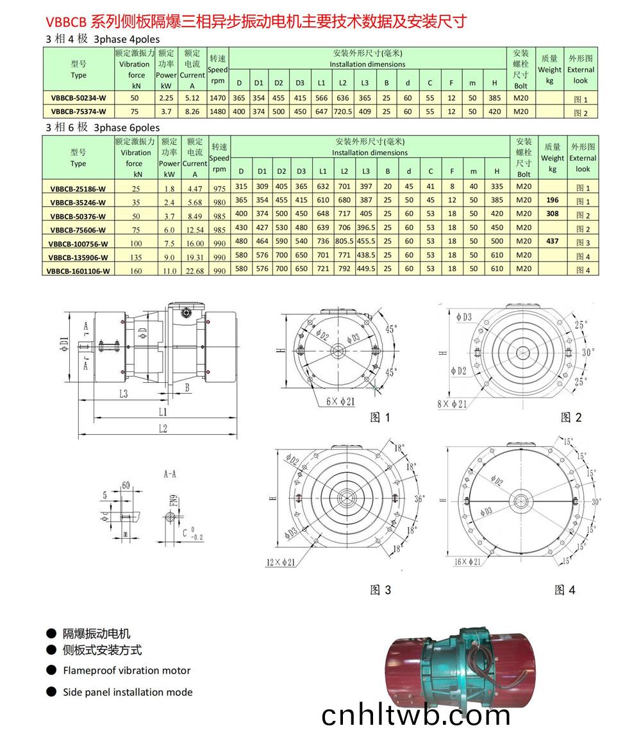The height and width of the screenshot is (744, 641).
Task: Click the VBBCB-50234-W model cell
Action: pyautogui.click(x=78, y=99)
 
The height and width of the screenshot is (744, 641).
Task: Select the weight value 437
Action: pyautogui.click(x=552, y=242)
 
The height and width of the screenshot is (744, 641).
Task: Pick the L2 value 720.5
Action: pyautogui.click(x=343, y=112)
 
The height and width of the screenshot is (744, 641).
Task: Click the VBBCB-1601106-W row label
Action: pyautogui.click(x=78, y=271)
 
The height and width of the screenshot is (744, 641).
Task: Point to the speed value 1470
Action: pyautogui.click(x=218, y=99)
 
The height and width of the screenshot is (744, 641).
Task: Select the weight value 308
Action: pyautogui.click(x=552, y=214)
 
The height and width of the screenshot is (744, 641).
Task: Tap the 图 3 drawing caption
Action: pyautogui.click(x=380, y=590)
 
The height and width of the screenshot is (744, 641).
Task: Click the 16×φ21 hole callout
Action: pyautogui.click(x=469, y=562)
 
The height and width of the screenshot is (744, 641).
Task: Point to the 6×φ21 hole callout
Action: pyautogui.click(x=340, y=402)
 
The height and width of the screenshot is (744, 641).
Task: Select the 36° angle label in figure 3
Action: pyautogui.click(x=420, y=498)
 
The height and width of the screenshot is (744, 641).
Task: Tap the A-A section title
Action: pyautogui.click(x=171, y=475)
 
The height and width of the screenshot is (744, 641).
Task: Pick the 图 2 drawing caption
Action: pyautogui.click(x=570, y=418)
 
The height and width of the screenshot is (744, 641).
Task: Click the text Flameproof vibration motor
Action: pyautogui.click(x=126, y=670)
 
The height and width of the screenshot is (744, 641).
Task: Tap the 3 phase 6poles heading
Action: pyautogui.click(x=103, y=127)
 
